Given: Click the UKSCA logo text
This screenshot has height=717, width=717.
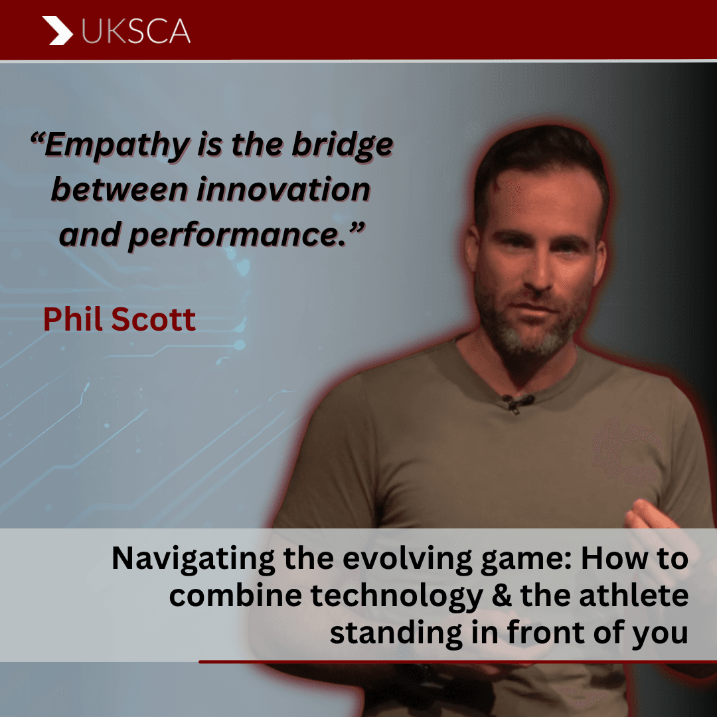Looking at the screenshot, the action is point(136,31).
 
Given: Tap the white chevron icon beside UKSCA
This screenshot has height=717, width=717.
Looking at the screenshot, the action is point(58,31).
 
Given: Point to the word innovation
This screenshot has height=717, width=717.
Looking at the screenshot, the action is point(283,189).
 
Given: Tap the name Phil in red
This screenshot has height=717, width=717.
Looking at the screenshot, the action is point(74,319).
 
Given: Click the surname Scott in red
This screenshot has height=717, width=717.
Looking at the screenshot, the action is point(153,319).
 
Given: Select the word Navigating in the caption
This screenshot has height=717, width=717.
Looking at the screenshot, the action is point(193,559).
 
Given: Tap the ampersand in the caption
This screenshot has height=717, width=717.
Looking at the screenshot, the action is point(502,596).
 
